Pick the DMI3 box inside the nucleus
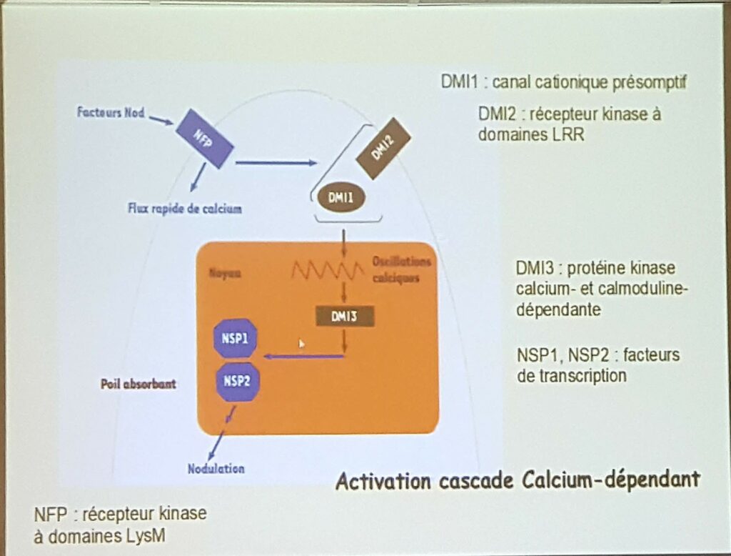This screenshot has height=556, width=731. [345, 315]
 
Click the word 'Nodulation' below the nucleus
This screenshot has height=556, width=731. [216, 470]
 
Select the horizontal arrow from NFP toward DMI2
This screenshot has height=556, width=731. [276, 164]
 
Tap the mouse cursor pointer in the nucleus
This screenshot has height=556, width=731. [301, 344]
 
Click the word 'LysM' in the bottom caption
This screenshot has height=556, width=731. [143, 535]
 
